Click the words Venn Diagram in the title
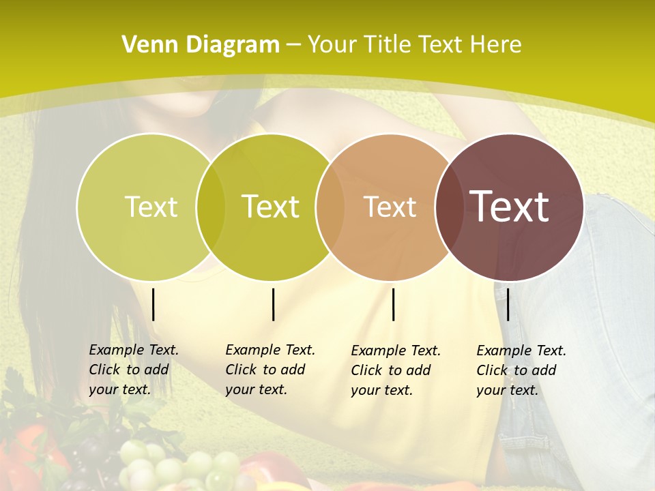tap(201, 45)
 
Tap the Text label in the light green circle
tap(151, 207)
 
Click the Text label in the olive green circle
tap(271, 207)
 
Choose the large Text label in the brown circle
tap(510, 207)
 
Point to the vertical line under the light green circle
tap(154, 304)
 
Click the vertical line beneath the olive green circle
tap(274, 304)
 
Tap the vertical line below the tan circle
tap(394, 304)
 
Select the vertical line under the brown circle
tap(508, 304)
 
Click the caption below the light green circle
tap(134, 370)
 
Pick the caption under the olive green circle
tap(270, 370)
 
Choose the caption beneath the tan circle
tap(396, 370)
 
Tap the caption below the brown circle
tap(521, 370)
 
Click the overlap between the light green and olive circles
tap(211, 207)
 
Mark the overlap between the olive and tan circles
tap(330, 207)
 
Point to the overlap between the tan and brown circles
tap(447, 207)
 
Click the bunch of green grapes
tap(171, 467)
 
